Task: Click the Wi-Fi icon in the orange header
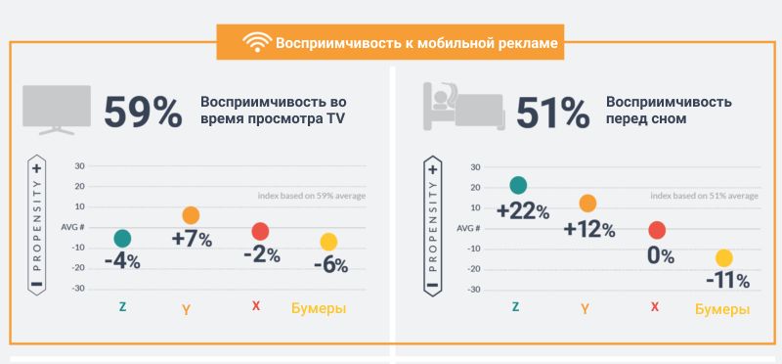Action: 257,43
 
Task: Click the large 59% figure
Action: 144,112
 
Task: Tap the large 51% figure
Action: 552,112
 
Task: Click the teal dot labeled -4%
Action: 122,239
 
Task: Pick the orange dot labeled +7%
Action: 191,215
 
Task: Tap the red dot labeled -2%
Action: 259,232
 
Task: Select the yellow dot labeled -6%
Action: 328,242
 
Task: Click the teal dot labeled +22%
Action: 517,185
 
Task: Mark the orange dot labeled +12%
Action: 587,204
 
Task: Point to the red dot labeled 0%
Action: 657,230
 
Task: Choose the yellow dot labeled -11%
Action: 723,258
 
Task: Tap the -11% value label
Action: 727,281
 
